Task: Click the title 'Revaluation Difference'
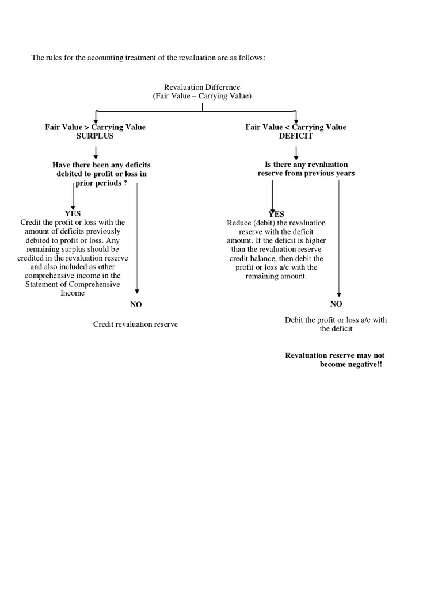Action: [201, 87]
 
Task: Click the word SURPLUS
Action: [95, 136]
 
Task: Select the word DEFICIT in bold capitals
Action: [296, 136]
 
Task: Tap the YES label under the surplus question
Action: [73, 213]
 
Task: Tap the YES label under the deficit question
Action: [276, 214]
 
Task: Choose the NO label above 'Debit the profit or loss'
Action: [336, 303]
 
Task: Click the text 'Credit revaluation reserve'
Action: [135, 324]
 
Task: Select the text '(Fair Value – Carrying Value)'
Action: [202, 97]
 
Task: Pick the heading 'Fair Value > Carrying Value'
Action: [96, 127]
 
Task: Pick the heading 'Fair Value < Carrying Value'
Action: [296, 127]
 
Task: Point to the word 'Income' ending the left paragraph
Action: [73, 293]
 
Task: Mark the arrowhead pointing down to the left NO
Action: [137, 292]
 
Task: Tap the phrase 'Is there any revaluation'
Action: [306, 165]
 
